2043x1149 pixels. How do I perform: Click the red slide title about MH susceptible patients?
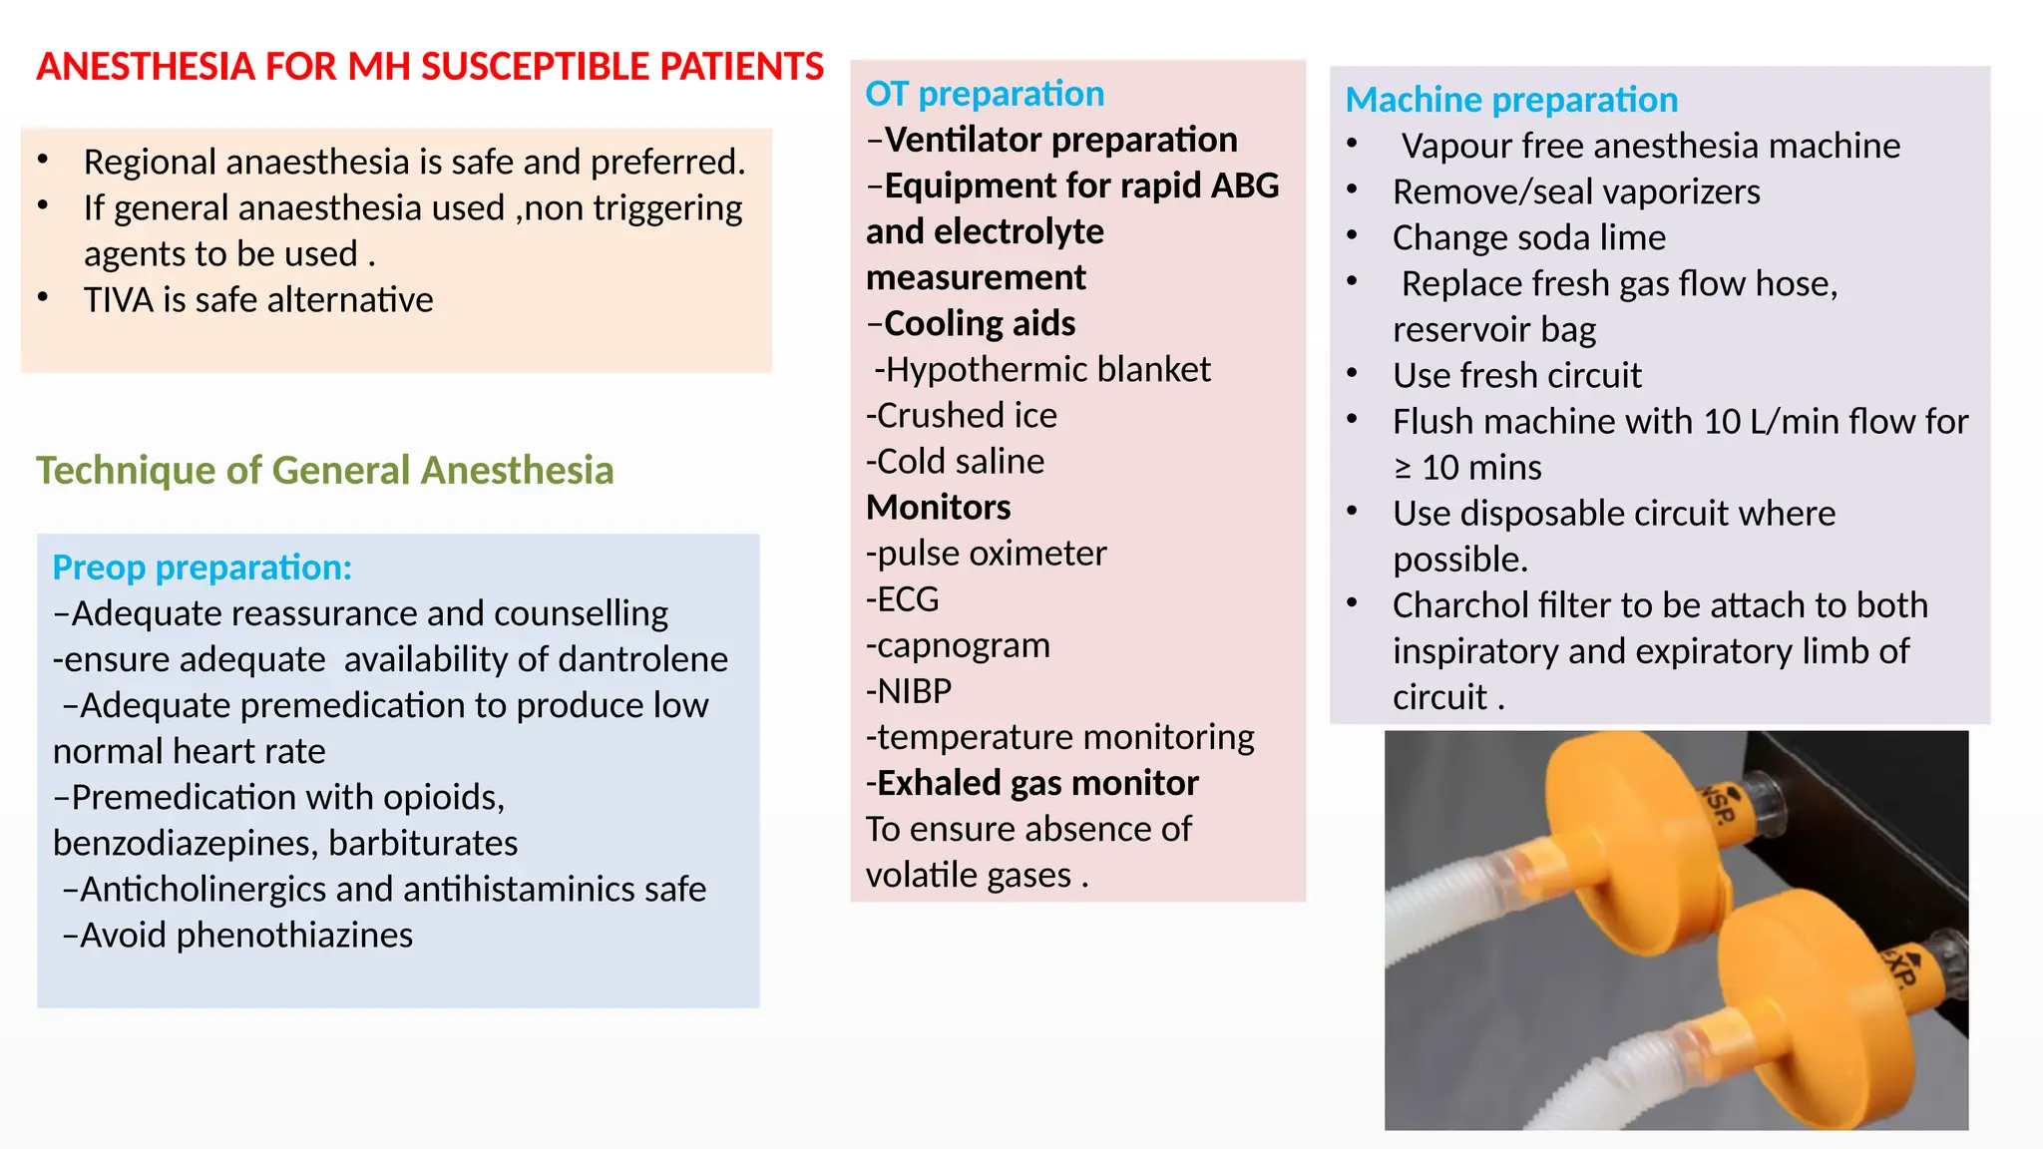tap(430, 67)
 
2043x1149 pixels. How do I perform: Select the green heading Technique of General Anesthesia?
tap(325, 470)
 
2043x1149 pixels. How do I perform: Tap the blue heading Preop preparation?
tap(203, 568)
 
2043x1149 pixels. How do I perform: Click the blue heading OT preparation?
tap(985, 94)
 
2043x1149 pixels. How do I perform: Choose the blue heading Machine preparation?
tap(1511, 100)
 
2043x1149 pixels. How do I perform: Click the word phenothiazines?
tap(294, 935)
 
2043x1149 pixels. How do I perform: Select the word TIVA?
tap(119, 300)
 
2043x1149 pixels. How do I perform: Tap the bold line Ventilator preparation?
tap(1060, 140)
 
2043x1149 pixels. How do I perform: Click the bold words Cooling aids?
tap(980, 323)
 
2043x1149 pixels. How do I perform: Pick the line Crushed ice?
tap(962, 415)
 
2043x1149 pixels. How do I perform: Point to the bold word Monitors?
tap(939, 508)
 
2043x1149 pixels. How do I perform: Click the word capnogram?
tap(963, 645)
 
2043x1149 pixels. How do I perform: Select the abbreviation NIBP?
tap(914, 691)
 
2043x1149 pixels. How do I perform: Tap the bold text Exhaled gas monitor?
tap(1036, 783)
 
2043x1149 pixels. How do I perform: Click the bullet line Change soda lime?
tap(1529, 237)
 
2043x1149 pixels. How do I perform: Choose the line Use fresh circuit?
tap(1517, 375)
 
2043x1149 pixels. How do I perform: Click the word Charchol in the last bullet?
tap(1452, 605)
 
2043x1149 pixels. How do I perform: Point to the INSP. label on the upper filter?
tap(1718, 804)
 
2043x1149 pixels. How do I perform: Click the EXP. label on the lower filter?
tap(1898, 965)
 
